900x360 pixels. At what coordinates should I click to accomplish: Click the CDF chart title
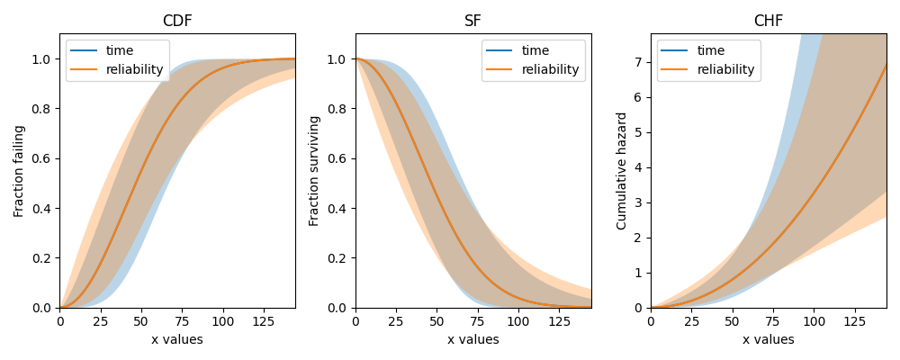(x=177, y=21)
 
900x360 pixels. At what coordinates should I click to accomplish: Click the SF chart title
(x=472, y=21)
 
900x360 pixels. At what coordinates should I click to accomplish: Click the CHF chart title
(x=768, y=21)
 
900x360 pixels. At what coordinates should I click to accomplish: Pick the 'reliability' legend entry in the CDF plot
(x=135, y=69)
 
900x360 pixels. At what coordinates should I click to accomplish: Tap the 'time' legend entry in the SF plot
(x=537, y=51)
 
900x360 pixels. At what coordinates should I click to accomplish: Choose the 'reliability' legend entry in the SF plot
(x=551, y=69)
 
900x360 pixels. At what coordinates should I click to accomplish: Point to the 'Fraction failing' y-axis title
(x=19, y=171)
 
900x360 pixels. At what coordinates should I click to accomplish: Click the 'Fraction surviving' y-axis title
(x=314, y=171)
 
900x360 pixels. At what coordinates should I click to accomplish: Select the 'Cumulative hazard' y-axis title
(x=621, y=171)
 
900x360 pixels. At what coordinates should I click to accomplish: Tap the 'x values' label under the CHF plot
(x=768, y=339)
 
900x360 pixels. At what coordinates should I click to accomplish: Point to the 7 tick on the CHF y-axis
(x=639, y=62)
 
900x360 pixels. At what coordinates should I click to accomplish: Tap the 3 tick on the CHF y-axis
(x=639, y=202)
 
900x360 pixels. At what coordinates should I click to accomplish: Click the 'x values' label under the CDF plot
(x=177, y=339)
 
